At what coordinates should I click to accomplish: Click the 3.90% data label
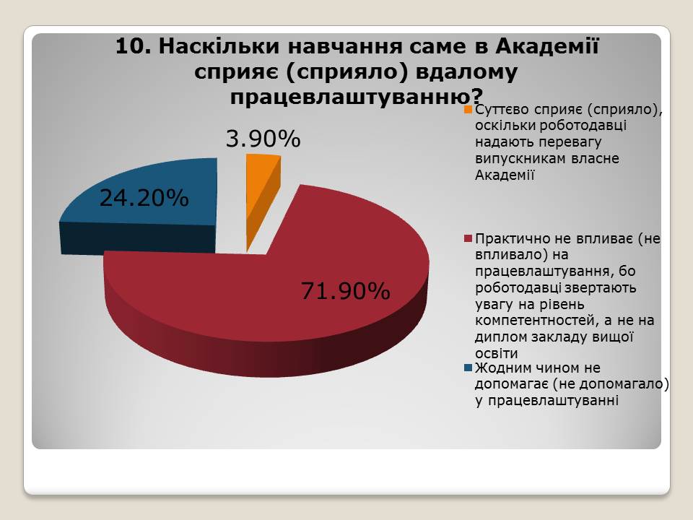click(x=263, y=139)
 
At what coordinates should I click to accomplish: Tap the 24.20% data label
click(x=144, y=198)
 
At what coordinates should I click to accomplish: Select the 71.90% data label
click(x=346, y=291)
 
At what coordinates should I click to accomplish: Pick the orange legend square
click(x=468, y=109)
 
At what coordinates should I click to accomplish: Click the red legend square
click(x=468, y=239)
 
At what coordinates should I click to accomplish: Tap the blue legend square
click(x=468, y=368)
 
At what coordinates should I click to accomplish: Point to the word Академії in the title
click(x=547, y=45)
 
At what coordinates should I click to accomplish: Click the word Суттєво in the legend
click(x=502, y=109)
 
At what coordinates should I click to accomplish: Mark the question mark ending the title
click(x=477, y=95)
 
